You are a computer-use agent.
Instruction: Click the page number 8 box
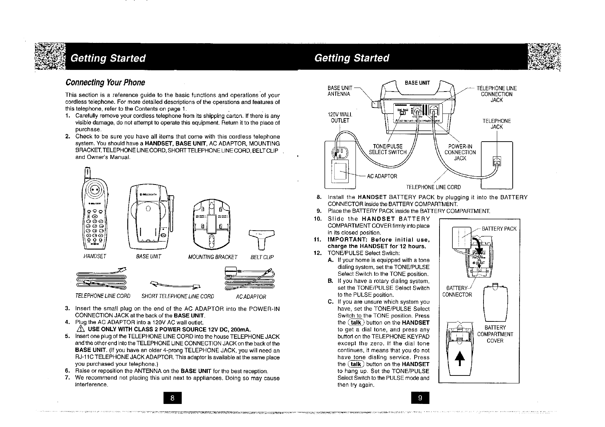click(x=172, y=398)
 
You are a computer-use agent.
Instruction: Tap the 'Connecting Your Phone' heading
click(x=105, y=83)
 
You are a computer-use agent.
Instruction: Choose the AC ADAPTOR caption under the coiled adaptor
click(x=251, y=297)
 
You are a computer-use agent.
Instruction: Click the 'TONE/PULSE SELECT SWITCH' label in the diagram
click(x=388, y=149)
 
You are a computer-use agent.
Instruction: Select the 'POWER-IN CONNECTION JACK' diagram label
click(x=460, y=152)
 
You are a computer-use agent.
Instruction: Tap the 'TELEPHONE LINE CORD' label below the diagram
click(x=433, y=187)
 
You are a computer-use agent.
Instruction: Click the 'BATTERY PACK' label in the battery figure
click(x=499, y=229)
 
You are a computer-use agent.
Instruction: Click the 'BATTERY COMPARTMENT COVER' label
click(x=495, y=334)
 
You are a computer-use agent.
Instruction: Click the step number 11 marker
click(x=317, y=240)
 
